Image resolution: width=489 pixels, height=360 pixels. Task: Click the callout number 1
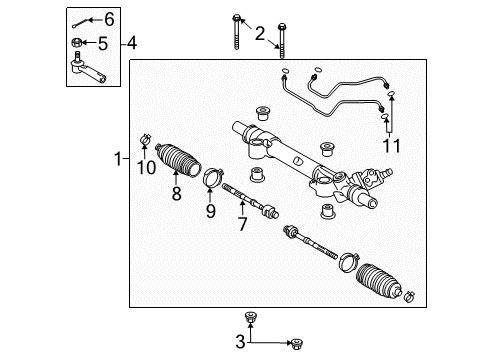(118, 159)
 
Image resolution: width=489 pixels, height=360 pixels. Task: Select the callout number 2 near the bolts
(260, 34)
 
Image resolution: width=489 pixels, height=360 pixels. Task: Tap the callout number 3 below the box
(240, 342)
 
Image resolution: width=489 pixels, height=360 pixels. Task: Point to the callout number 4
(131, 43)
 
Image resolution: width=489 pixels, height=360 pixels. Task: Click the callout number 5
(103, 44)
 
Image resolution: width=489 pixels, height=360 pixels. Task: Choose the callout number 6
(109, 19)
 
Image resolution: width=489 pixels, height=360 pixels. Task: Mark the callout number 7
(242, 224)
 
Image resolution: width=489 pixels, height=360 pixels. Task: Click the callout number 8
(176, 193)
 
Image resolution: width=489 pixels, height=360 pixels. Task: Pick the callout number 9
(210, 211)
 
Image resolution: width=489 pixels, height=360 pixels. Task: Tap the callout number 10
(146, 167)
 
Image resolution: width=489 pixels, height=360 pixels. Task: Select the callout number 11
(391, 146)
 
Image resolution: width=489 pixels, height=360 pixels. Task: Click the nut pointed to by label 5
(76, 42)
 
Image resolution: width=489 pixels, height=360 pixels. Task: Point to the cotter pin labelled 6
(81, 23)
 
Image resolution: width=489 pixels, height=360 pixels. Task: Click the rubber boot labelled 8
(178, 159)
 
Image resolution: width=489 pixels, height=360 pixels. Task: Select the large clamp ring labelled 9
(212, 177)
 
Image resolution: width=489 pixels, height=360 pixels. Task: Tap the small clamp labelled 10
(145, 138)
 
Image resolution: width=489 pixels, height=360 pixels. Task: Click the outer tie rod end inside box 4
(87, 68)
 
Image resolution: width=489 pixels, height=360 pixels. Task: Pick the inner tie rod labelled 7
(250, 201)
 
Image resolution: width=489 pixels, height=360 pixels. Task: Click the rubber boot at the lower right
(379, 280)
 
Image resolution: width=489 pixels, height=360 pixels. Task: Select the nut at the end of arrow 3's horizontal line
(296, 344)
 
